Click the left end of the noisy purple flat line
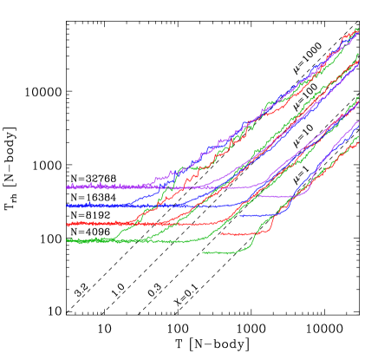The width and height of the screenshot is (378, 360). [68, 186]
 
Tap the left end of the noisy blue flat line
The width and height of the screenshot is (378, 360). [68, 206]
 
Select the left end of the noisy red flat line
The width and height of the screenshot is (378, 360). [68, 224]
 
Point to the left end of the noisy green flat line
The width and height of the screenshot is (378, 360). [68, 240]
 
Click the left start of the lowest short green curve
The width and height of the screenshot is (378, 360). [204, 252]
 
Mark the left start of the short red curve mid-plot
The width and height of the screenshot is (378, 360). [221, 233]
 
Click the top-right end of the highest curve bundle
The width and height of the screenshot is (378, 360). [358, 29]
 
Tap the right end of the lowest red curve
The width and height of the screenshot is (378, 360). [358, 143]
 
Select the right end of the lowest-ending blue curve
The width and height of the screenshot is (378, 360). [358, 122]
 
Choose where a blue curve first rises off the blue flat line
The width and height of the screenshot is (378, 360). [130, 203]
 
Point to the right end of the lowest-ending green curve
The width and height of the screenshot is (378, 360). [358, 136]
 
